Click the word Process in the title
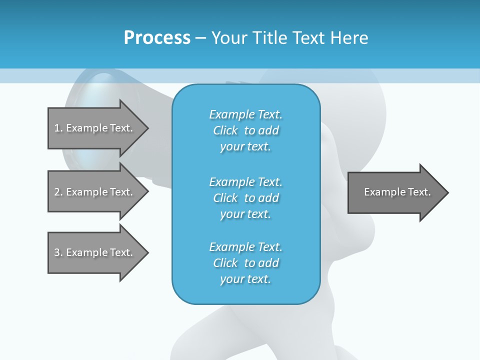157,38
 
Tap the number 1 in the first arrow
57,128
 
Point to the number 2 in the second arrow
57,192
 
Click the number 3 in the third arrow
57,252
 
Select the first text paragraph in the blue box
245,130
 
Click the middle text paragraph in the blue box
245,198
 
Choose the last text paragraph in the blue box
245,263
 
